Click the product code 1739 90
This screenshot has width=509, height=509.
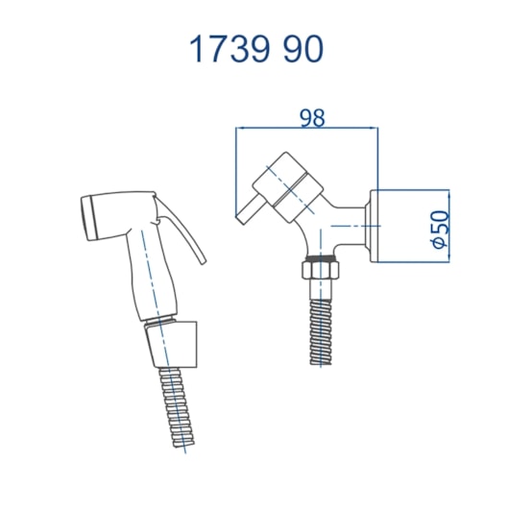(256, 49)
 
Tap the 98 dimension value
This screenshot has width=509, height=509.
(312, 118)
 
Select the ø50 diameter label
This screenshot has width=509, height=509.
(441, 229)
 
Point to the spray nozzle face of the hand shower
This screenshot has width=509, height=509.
(88, 218)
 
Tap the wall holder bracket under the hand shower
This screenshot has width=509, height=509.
(171, 345)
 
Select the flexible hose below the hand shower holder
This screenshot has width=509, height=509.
(177, 407)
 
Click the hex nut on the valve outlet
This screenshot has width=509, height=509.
(321, 269)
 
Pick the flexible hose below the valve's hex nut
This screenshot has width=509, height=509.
(321, 331)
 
